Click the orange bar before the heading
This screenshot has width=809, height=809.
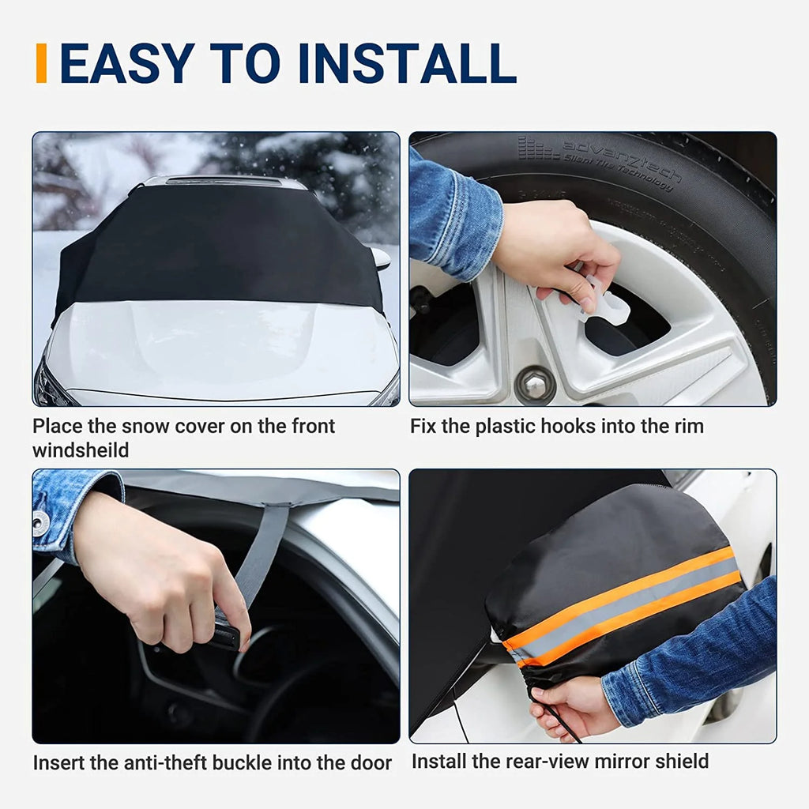pos(41,63)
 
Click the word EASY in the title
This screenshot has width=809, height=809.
pos(124,64)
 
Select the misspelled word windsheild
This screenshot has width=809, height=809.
pos(80,450)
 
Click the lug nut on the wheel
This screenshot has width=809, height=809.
pos(534,386)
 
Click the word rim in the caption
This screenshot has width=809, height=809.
pos(687,427)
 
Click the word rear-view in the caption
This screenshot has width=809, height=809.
pos(532,762)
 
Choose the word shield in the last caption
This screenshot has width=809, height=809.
pos(681,762)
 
